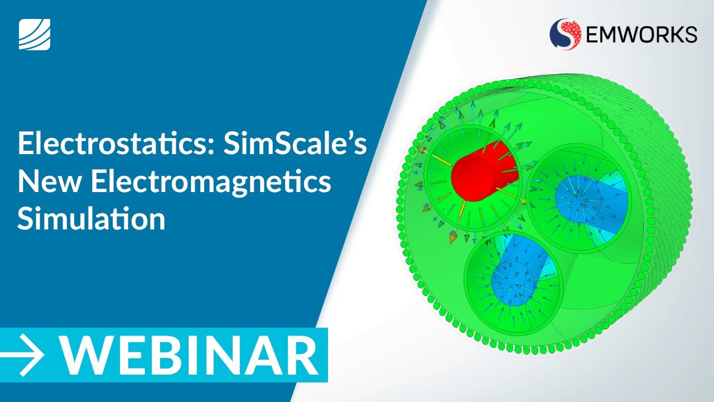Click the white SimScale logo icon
(35, 34)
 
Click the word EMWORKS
(640, 35)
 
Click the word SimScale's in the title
(295, 145)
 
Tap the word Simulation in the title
(91, 219)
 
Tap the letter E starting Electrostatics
(25, 145)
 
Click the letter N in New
(28, 183)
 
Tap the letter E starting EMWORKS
(594, 35)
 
